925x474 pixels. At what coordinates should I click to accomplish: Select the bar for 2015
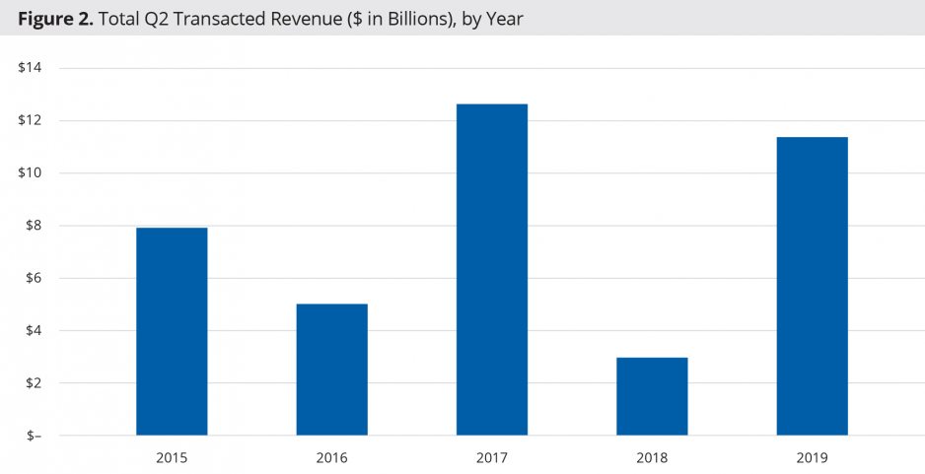[x=172, y=331]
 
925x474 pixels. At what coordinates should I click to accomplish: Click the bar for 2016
[x=331, y=370]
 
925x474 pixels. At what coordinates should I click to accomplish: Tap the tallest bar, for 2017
[x=491, y=269]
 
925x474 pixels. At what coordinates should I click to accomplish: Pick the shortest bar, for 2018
[x=652, y=396]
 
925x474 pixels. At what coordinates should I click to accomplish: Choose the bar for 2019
[x=812, y=286]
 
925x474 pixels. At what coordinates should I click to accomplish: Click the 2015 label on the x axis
[x=172, y=458]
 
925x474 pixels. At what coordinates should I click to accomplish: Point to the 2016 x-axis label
[x=331, y=458]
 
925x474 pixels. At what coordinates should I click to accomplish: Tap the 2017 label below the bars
[x=491, y=458]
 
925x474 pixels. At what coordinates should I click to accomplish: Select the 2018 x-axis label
[x=652, y=458]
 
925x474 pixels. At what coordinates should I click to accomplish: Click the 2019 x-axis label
[x=812, y=458]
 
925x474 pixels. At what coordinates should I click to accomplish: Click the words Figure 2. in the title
[x=54, y=18]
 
